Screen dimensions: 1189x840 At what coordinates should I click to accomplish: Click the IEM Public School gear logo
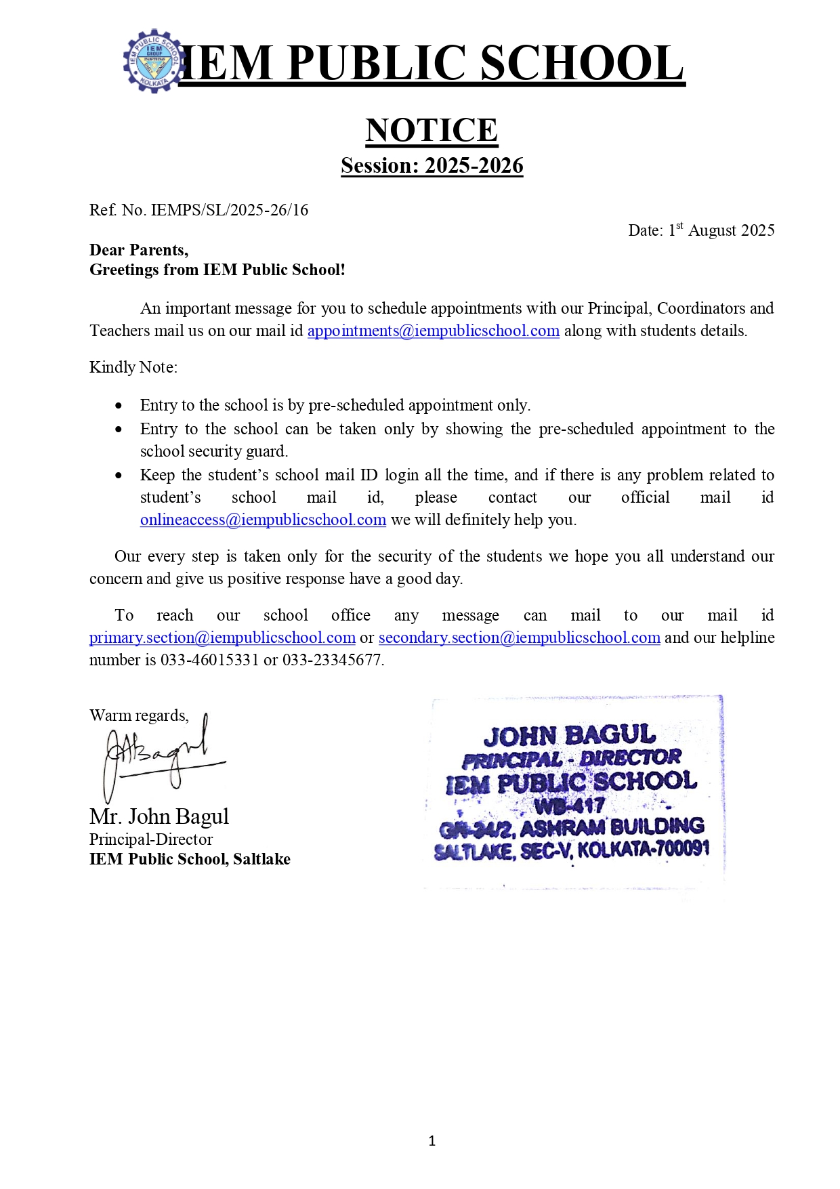[153, 61]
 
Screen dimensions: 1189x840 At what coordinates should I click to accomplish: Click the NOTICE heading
[432, 130]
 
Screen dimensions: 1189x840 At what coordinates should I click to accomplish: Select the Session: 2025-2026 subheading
[432, 165]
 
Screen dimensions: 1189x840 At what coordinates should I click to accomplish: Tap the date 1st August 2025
[721, 230]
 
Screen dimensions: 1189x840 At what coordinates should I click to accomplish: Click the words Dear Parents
[138, 250]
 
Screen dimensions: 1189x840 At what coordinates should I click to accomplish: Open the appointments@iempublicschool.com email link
[433, 331]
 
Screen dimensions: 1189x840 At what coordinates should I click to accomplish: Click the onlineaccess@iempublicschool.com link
[263, 520]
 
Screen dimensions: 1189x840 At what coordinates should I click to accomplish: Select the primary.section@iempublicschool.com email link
[222, 638]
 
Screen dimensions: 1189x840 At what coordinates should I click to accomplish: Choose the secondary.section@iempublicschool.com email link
[519, 638]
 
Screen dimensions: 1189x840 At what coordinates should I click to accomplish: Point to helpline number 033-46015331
[209, 660]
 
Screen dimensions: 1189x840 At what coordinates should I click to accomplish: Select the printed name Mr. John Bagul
[159, 816]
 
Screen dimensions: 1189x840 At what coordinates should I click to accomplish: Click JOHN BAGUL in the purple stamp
[569, 735]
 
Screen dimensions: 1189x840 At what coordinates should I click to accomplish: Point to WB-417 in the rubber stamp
[569, 806]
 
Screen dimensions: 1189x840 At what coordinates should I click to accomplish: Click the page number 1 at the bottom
[432, 1141]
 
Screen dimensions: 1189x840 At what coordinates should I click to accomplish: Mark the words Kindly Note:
[133, 367]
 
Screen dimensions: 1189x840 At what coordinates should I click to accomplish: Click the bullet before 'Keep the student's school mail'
[119, 476]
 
